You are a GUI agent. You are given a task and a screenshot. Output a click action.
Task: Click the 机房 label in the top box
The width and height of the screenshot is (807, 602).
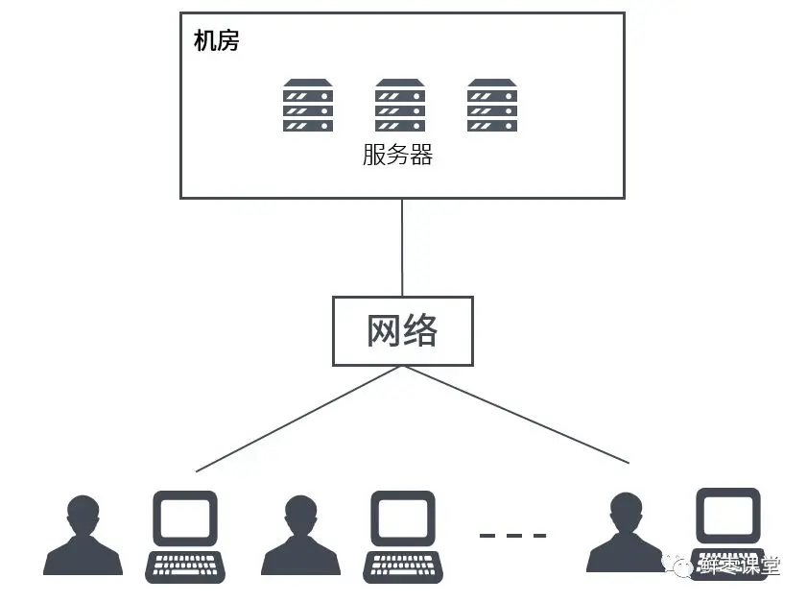216,40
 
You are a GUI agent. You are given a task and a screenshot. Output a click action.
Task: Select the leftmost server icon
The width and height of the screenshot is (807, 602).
308,106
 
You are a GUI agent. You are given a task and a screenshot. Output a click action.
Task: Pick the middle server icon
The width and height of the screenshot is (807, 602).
400,106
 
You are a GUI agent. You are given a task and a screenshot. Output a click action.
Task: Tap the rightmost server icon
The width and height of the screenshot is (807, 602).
492,106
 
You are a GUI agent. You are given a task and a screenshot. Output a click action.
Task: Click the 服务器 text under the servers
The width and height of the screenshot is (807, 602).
398,155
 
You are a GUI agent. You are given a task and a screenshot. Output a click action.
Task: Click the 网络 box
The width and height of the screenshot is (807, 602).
402,330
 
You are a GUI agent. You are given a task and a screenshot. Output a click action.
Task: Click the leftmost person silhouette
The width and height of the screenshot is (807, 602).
83,540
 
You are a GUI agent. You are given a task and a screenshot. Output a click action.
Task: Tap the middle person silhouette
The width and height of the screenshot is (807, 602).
300,540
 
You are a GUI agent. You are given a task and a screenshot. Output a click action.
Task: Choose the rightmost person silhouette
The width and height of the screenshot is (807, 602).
626,538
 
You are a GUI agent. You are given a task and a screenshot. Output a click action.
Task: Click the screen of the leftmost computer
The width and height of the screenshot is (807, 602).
185,519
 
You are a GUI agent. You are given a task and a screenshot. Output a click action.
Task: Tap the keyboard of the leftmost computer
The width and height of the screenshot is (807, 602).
185,566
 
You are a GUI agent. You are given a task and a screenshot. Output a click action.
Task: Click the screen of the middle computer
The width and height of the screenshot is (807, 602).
403,519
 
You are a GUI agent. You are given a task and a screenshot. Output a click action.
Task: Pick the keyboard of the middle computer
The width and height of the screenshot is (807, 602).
403,566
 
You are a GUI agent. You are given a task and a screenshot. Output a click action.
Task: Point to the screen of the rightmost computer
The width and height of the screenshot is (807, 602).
727,517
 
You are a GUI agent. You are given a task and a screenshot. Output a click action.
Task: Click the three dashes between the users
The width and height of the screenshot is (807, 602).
512,535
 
